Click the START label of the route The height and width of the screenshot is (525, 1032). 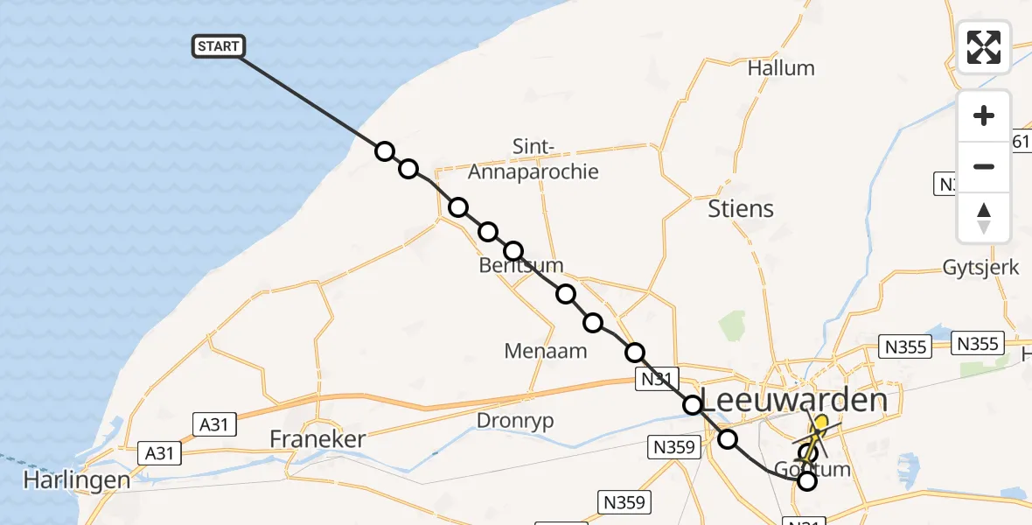click(219, 45)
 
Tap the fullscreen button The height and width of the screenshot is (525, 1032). click(984, 46)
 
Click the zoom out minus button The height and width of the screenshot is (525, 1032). click(984, 166)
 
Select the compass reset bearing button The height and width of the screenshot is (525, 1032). click(984, 217)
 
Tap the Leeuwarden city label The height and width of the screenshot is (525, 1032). click(795, 401)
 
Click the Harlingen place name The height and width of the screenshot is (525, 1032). click(77, 479)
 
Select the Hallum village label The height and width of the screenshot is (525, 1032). click(781, 68)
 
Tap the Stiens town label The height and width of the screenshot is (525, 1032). click(740, 208)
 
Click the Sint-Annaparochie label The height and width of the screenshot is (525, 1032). click(533, 159)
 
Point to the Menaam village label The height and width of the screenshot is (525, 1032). click(546, 351)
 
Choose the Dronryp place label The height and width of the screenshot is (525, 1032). click(516, 420)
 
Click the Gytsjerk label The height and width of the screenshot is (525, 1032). click(980, 268)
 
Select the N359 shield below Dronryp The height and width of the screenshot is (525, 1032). click(673, 447)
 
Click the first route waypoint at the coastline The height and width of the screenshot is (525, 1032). click(385, 151)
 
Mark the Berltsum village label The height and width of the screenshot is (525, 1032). click(521, 265)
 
